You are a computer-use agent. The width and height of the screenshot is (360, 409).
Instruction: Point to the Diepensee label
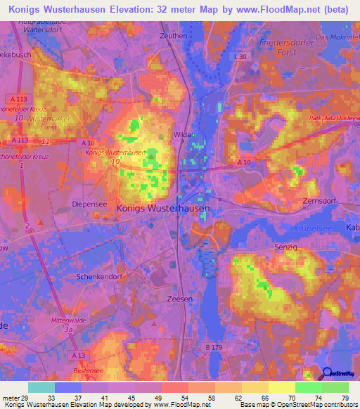point(89,203)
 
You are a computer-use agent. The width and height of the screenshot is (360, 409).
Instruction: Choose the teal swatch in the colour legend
point(42,387)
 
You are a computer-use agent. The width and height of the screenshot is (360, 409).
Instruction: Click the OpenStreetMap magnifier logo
point(327,373)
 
